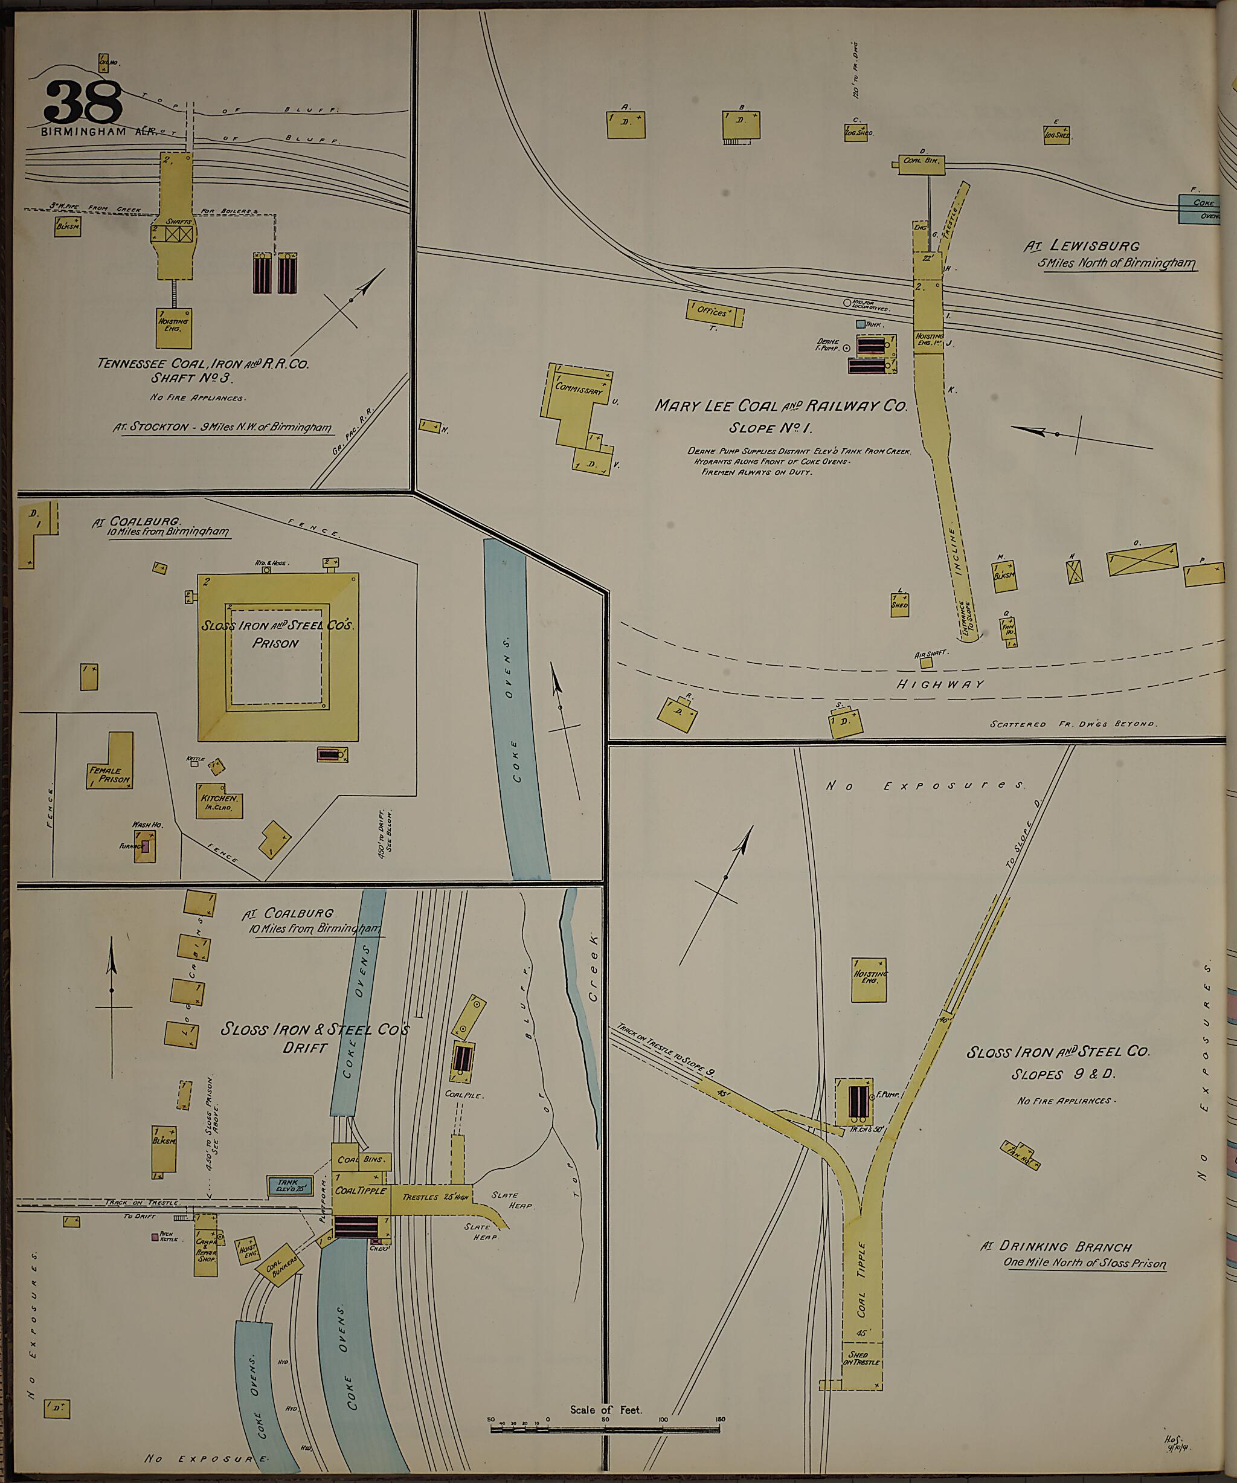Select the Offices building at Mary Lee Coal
(x=714, y=313)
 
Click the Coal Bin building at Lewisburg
(x=921, y=162)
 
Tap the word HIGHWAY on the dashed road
(x=940, y=684)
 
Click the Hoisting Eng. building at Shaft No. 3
(x=174, y=327)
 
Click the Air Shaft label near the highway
(x=931, y=655)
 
